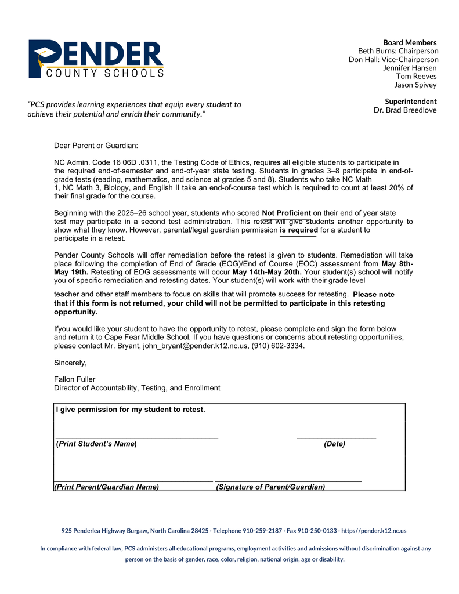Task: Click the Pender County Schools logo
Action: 96,59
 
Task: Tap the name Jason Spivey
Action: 415,85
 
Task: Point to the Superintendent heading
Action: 410,102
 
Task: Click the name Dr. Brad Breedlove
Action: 405,110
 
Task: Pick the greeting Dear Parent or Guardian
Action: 96,145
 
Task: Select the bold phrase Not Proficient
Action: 286,213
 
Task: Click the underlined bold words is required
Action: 298,230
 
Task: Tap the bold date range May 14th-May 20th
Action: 266,272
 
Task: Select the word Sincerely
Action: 70,363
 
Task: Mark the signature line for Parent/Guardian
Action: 288,481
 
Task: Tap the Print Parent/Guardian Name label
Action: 107,487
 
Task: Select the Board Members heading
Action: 410,42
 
